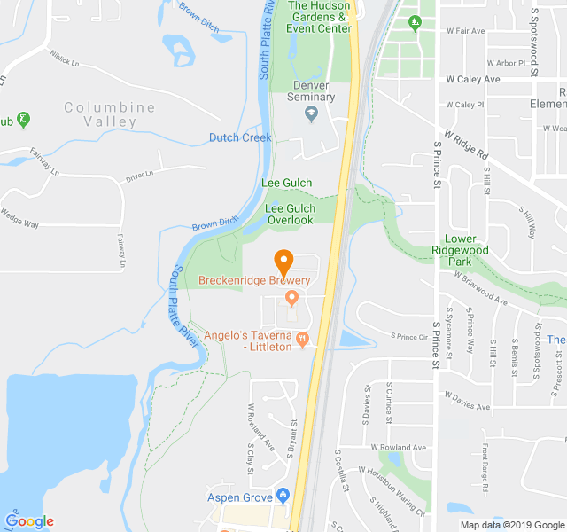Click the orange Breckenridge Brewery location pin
tap(283, 262)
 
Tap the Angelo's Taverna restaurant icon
tap(302, 337)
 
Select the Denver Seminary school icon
tap(311, 113)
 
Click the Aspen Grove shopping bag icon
tap(283, 495)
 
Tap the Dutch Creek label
tap(240, 137)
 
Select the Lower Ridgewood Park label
tap(467, 250)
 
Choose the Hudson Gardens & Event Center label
tap(318, 17)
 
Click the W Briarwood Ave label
tap(480, 288)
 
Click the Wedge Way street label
tap(19, 217)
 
